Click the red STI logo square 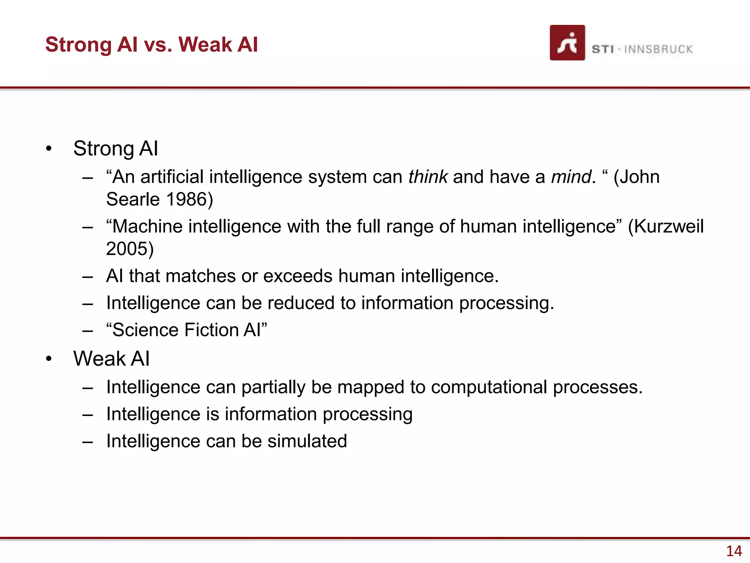pos(567,43)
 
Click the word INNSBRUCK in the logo pos(658,49)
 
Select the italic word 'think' pos(428,177)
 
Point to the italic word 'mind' pos(571,177)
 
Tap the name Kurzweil pos(668,226)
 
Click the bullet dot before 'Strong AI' pos(49,149)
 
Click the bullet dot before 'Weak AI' pos(49,359)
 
